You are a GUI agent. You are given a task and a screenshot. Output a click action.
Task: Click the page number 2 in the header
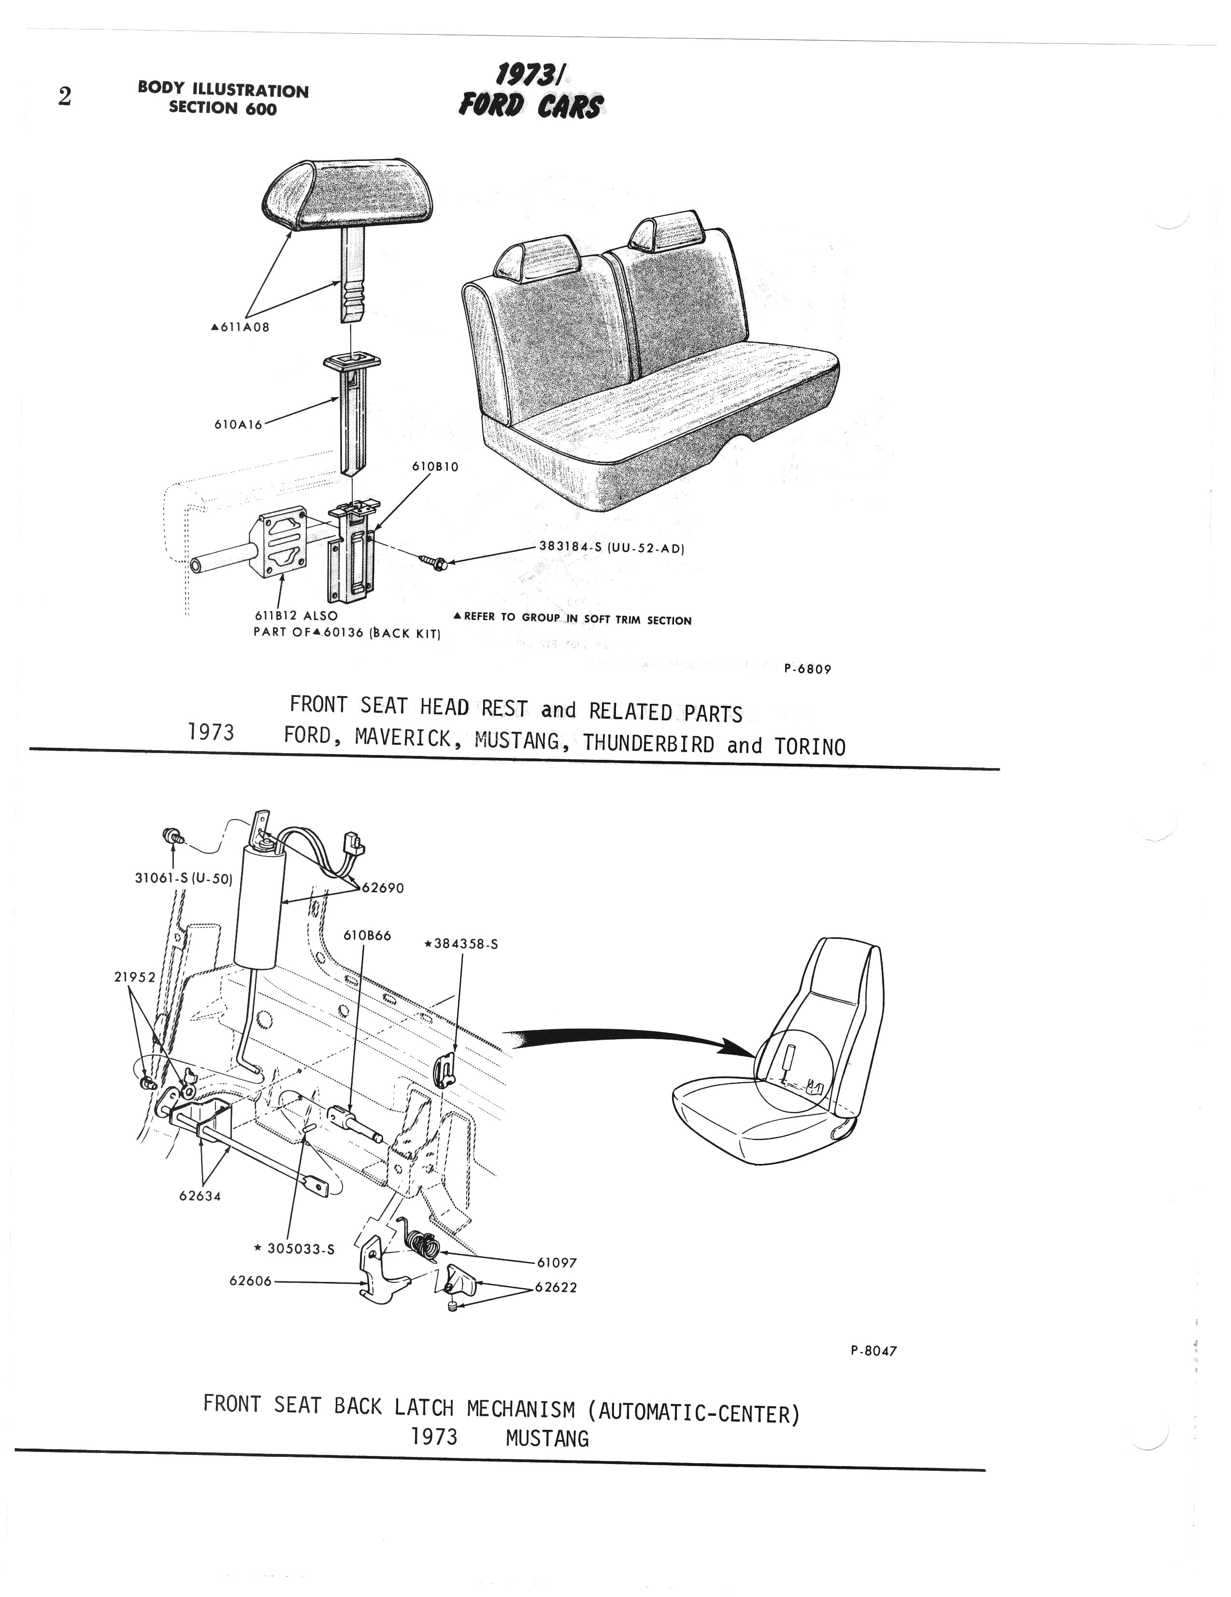tap(65, 97)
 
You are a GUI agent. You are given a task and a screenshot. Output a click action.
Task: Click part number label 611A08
tap(241, 328)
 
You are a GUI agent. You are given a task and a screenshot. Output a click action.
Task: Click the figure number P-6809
tap(808, 668)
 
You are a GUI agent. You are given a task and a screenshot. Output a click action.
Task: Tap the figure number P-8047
tap(873, 1351)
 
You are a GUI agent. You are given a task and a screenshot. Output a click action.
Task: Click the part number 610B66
tap(367, 935)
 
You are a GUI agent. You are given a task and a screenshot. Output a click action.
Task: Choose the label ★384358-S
tap(460, 944)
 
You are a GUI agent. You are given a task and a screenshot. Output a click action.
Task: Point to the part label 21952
tap(135, 977)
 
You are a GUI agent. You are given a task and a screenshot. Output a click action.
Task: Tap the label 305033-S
tap(294, 1249)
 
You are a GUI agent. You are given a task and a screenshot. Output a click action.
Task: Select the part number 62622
tap(556, 1288)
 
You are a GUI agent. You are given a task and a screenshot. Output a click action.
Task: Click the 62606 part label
tap(251, 1281)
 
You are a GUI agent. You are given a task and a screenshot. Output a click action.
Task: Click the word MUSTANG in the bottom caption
tap(547, 1439)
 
